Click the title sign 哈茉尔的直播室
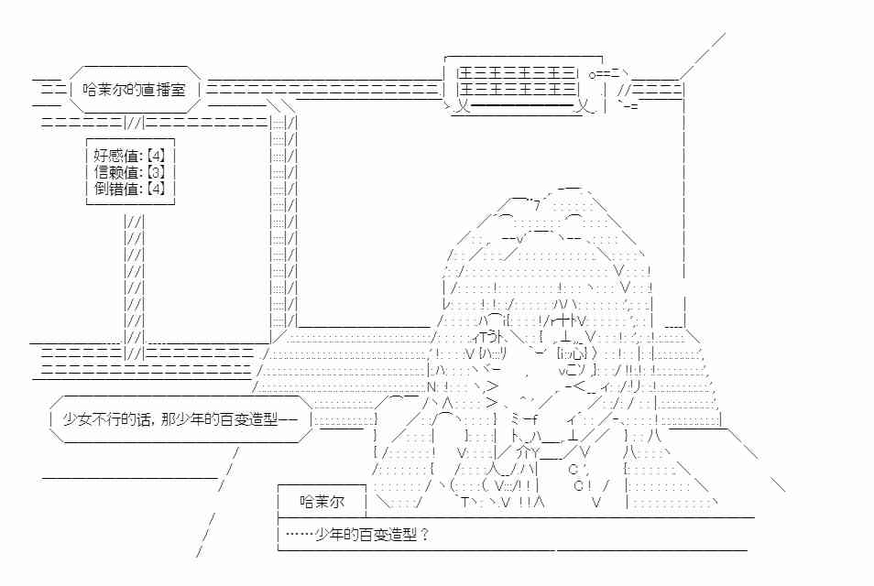pos(134,90)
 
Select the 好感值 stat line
pos(129,156)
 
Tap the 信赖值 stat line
pos(129,172)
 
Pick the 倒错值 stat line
pos(129,189)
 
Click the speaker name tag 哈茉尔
pos(322,502)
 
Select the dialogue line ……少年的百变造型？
pos(356,535)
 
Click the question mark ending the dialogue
pos(424,535)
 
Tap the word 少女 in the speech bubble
pos(77,419)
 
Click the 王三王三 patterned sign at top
pos(516,81)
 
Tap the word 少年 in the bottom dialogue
pos(329,535)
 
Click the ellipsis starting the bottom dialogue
pos(300,535)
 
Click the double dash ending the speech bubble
pos(288,419)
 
